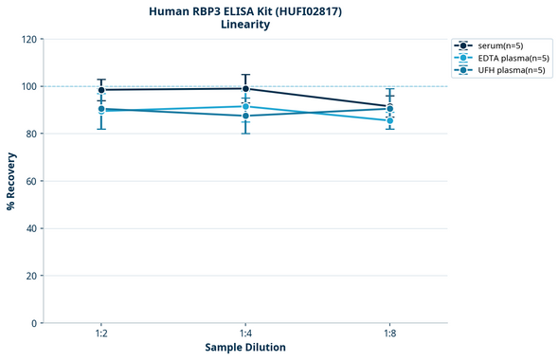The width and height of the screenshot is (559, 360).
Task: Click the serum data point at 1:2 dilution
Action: [101, 90]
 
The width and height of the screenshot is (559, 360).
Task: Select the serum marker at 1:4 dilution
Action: [245, 89]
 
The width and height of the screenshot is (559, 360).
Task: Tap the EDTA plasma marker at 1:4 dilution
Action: [245, 106]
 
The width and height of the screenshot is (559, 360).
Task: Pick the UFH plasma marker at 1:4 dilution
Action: [245, 116]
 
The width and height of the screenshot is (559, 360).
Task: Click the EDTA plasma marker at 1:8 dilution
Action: [390, 120]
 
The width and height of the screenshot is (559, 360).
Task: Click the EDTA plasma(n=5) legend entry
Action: [510, 58]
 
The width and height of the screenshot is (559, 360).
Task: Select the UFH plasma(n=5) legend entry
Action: [509, 70]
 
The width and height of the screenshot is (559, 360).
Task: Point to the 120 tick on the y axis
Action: [28, 39]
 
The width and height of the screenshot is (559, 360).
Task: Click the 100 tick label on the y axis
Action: [28, 86]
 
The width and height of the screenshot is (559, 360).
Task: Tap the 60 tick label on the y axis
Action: [31, 181]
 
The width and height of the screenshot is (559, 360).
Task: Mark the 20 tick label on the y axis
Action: [31, 276]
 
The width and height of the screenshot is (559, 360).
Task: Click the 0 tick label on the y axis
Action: [34, 323]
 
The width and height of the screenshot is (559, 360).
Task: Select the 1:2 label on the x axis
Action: [101, 334]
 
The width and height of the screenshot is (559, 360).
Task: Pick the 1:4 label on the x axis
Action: [245, 334]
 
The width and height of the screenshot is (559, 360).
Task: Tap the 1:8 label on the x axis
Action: [390, 334]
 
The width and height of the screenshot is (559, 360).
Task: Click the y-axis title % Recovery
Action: [11, 180]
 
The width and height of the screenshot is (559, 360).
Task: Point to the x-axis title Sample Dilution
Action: [245, 348]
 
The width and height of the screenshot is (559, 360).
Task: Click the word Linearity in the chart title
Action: [245, 25]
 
